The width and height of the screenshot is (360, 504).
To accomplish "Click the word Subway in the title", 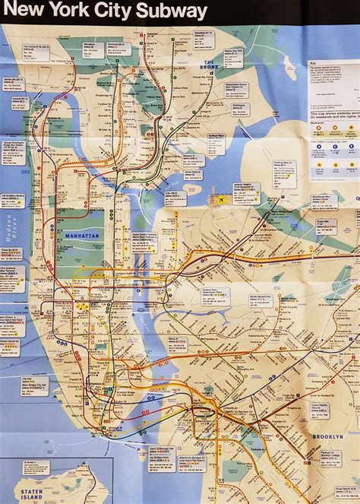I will click(177, 11).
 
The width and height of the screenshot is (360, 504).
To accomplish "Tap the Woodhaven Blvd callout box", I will click(325, 201).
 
